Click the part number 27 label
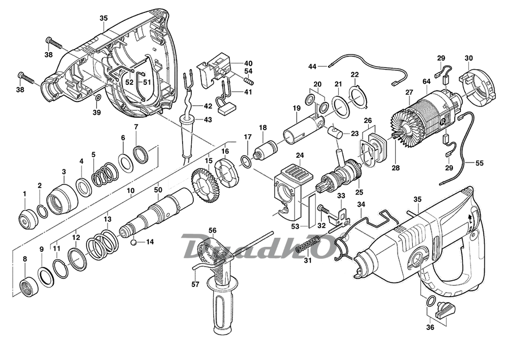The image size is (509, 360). [x=409, y=92]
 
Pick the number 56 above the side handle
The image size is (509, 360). [x=213, y=231]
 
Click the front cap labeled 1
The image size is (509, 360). [x=25, y=218]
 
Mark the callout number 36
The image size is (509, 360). [x=430, y=327]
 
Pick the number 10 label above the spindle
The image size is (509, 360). [x=130, y=191]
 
